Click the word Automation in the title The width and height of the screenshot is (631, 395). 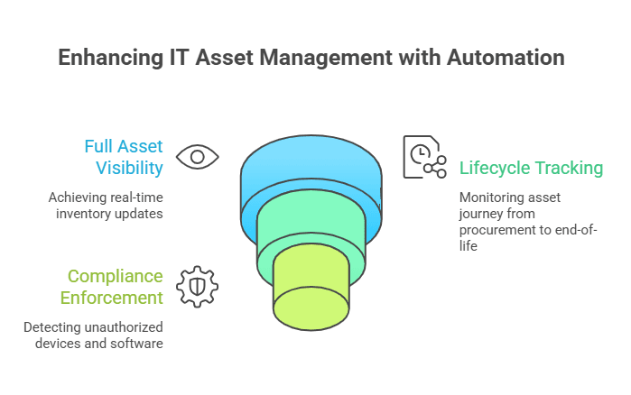[x=506, y=58]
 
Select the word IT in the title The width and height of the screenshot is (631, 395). [x=179, y=58]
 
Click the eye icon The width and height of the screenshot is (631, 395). [x=197, y=157]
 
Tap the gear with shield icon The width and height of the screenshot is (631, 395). [x=197, y=287]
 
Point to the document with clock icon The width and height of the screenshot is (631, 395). [x=424, y=157]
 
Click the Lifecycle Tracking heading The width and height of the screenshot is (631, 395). [x=531, y=168]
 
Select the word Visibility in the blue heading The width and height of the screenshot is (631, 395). [x=130, y=168]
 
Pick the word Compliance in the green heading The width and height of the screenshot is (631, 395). [x=115, y=277]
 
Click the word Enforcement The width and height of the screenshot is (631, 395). [x=112, y=298]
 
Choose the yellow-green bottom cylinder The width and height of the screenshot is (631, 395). [x=311, y=293]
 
